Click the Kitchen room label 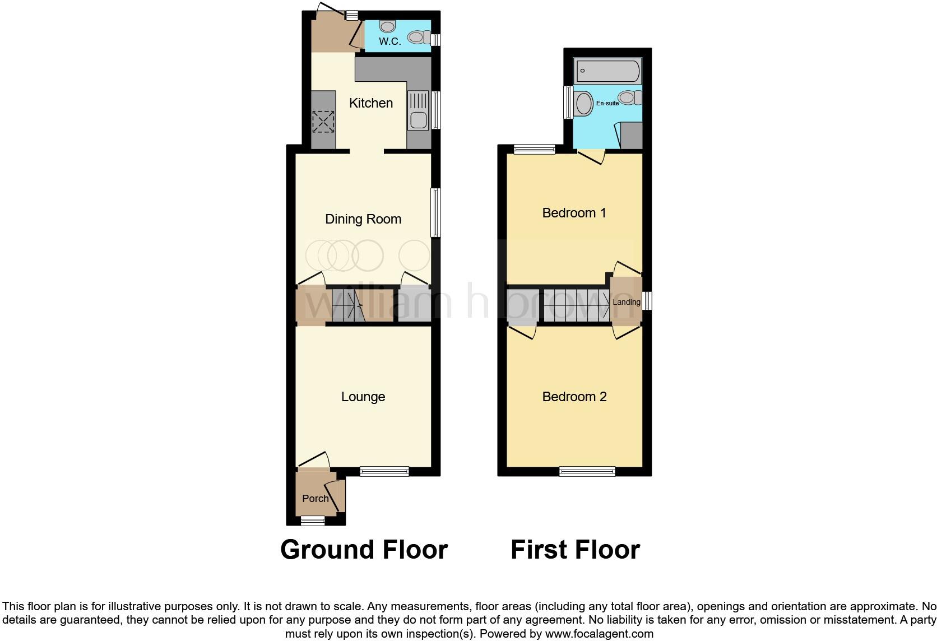tap(370, 103)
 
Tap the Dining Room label tap(363, 219)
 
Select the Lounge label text tap(363, 397)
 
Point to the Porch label tap(316, 499)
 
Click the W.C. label tap(389, 41)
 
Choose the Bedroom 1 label tap(574, 213)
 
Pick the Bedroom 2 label tap(574, 397)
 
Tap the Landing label tap(626, 302)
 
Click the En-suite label tap(607, 103)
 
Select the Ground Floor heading tap(364, 550)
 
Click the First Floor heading tap(575, 550)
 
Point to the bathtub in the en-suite tap(607, 71)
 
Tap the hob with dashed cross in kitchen tap(322, 122)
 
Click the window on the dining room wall tap(435, 212)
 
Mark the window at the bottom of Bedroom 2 tap(587, 472)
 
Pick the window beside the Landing tap(647, 301)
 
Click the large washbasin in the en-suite tap(583, 104)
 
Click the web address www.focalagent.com tap(599, 634)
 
